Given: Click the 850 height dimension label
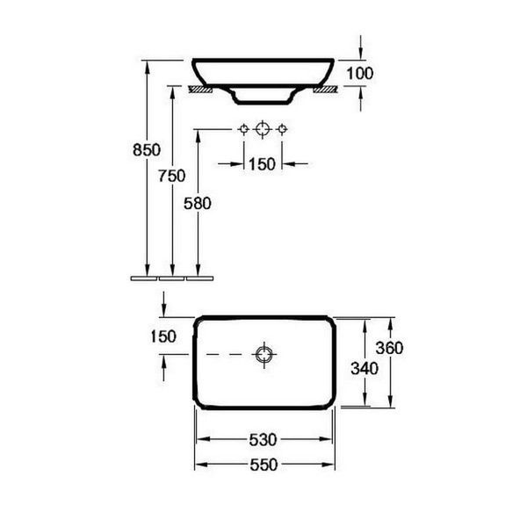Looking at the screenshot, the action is pos(147,150).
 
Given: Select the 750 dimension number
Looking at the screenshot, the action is pos(172,176).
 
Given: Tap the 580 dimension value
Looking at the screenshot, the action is pos(198,204).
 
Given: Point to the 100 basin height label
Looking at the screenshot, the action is pos(359,73).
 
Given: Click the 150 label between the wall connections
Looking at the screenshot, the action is pos(262,164).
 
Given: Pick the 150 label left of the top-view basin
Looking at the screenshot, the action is pos(163,336).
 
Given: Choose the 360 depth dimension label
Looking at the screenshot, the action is pos(389,348).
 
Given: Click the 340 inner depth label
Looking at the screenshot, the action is pos(365,368).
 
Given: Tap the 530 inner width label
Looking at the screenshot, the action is pos(263,440).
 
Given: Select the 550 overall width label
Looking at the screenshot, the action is pos(263,465).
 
